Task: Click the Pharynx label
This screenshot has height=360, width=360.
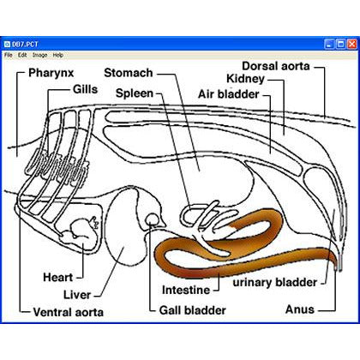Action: tap(51, 73)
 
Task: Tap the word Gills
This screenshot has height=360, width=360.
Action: tap(85, 89)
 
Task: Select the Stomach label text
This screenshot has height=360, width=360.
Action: tap(129, 73)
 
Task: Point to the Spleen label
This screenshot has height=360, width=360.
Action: tap(135, 93)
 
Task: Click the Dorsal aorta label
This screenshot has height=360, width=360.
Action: tap(276, 66)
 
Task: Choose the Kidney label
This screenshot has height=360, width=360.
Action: tap(246, 79)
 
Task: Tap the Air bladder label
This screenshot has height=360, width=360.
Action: tap(229, 94)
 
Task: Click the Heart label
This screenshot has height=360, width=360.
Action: tap(58, 277)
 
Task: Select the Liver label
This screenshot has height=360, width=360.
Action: tap(77, 295)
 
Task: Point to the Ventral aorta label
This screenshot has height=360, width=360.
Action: tap(68, 312)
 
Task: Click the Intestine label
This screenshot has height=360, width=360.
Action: tap(186, 290)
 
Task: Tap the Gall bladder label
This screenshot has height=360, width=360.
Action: tap(193, 310)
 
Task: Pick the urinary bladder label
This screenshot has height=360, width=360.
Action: tap(275, 283)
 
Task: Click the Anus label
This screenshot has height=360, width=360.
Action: tap(300, 309)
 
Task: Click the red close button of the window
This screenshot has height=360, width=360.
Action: tap(352, 45)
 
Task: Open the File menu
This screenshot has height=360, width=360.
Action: tap(9, 55)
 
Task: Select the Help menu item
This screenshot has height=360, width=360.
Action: tap(58, 55)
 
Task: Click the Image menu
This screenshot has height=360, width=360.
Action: tap(39, 55)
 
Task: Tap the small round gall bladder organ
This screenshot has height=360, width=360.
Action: tap(152, 219)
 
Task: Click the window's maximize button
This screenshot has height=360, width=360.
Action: tap(341, 45)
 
